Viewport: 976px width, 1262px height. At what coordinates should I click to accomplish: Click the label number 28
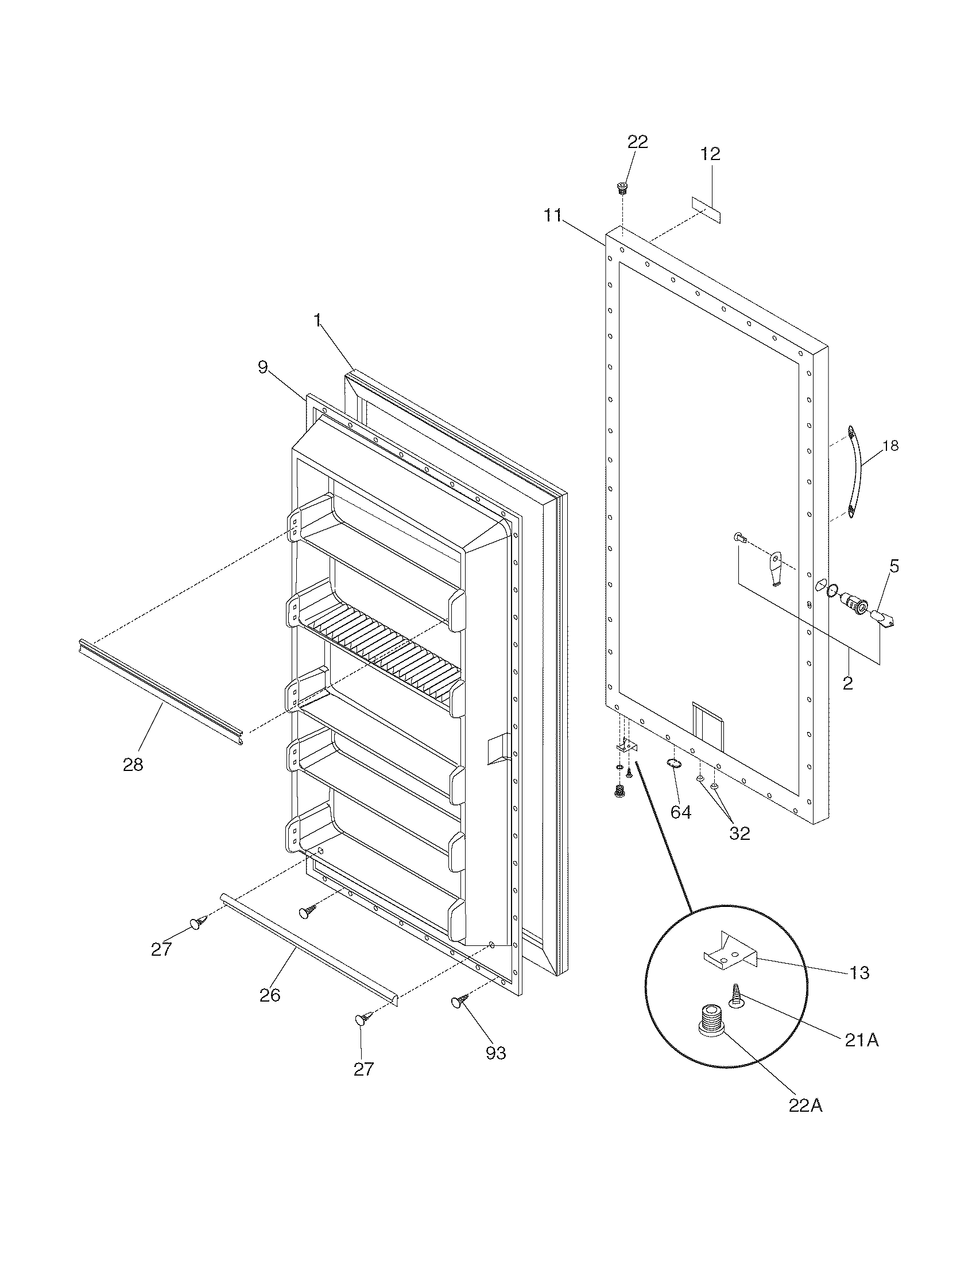point(133,765)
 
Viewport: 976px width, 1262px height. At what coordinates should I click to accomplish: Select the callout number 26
point(270,995)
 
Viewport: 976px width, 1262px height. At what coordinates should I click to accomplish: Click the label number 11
point(553,216)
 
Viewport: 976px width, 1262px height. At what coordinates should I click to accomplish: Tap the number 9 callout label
point(263,367)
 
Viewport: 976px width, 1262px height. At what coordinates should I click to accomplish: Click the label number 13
point(860,972)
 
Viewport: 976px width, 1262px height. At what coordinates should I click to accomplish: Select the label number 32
point(739,833)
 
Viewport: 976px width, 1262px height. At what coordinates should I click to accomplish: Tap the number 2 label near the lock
point(847,684)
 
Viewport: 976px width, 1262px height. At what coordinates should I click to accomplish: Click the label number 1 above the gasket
point(317,321)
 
